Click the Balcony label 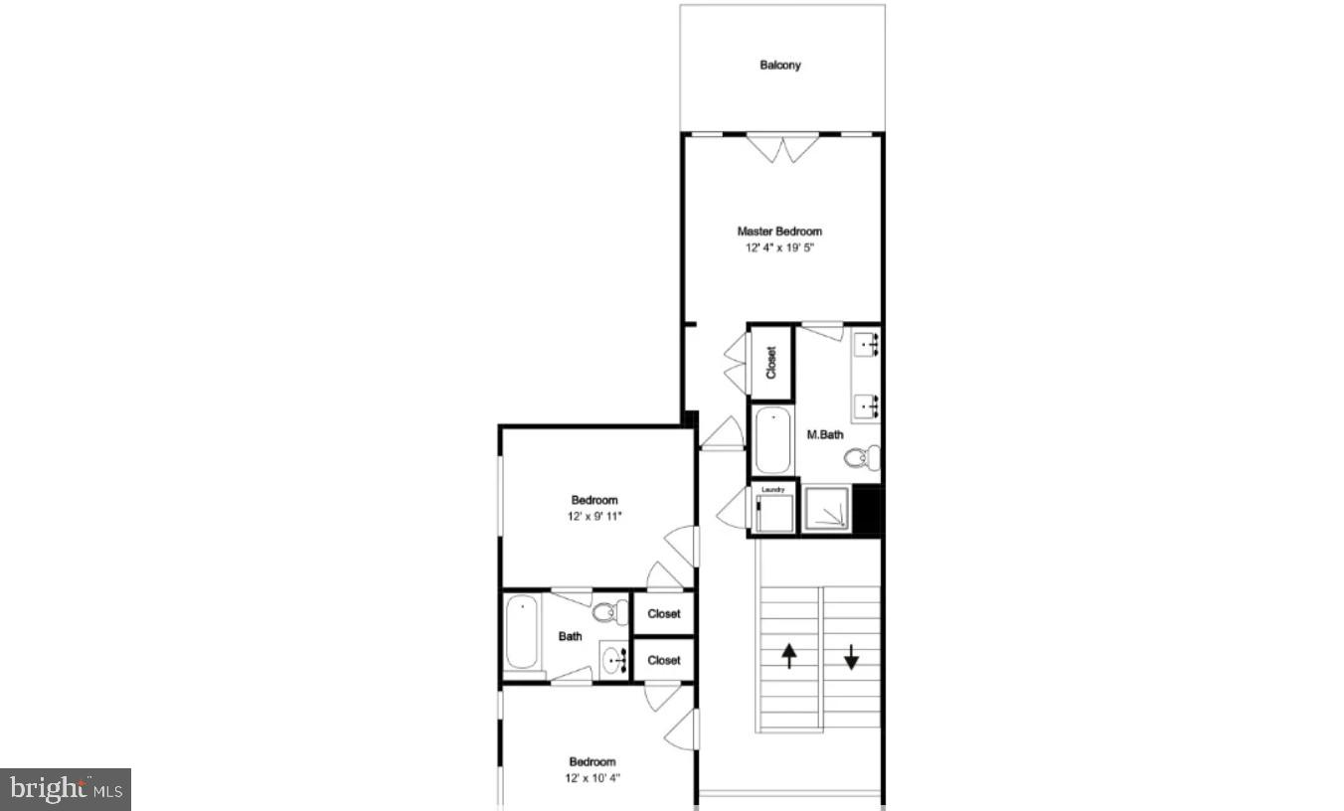pos(780,66)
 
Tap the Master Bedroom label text pos(779,232)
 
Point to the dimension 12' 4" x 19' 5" pos(779,248)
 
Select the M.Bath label pos(824,433)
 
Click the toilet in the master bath pos(862,458)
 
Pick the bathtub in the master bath pos(771,440)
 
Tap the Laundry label pos(773,489)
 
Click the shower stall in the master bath pos(826,510)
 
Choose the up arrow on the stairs pos(789,656)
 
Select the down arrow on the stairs pos(851,656)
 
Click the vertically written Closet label pos(771,362)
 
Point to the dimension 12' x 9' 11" pos(594,517)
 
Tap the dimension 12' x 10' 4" pos(592,778)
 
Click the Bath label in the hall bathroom pos(570,636)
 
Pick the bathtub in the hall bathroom pos(521,634)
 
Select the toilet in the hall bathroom pos(605,612)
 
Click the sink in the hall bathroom pos(613,657)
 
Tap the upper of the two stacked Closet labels pos(663,614)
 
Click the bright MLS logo pos(66,789)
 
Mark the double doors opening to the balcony pos(783,148)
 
